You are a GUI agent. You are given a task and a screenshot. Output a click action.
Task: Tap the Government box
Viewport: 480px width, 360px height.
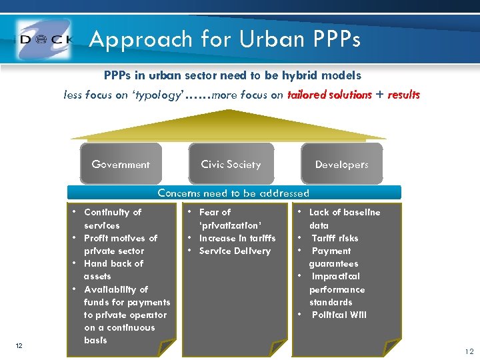point(121,164)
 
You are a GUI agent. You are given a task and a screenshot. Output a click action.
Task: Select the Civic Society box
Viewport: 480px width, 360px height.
point(231,164)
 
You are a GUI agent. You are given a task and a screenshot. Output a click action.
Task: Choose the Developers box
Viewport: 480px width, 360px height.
point(341,164)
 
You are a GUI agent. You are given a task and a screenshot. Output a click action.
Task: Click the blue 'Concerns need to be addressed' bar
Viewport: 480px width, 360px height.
point(233,193)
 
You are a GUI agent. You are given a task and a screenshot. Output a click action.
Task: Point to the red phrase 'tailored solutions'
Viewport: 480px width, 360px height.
point(329,95)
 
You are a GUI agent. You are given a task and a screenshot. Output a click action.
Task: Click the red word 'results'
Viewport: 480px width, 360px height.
point(403,95)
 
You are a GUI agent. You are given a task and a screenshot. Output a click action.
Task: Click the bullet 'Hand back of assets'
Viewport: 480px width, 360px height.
point(113,269)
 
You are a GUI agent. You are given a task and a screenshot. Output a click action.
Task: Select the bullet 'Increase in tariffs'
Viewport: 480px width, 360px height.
point(237,238)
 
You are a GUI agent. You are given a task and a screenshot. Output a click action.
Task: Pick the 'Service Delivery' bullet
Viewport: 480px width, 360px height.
point(235,251)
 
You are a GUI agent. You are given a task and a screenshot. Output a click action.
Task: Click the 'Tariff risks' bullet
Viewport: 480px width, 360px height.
point(335,238)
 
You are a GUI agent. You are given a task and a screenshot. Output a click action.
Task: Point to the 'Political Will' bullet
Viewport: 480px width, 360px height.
point(339,315)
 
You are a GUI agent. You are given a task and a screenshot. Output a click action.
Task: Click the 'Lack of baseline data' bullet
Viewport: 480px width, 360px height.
point(345,219)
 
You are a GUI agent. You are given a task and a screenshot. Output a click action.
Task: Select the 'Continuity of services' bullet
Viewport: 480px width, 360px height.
point(113,219)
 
